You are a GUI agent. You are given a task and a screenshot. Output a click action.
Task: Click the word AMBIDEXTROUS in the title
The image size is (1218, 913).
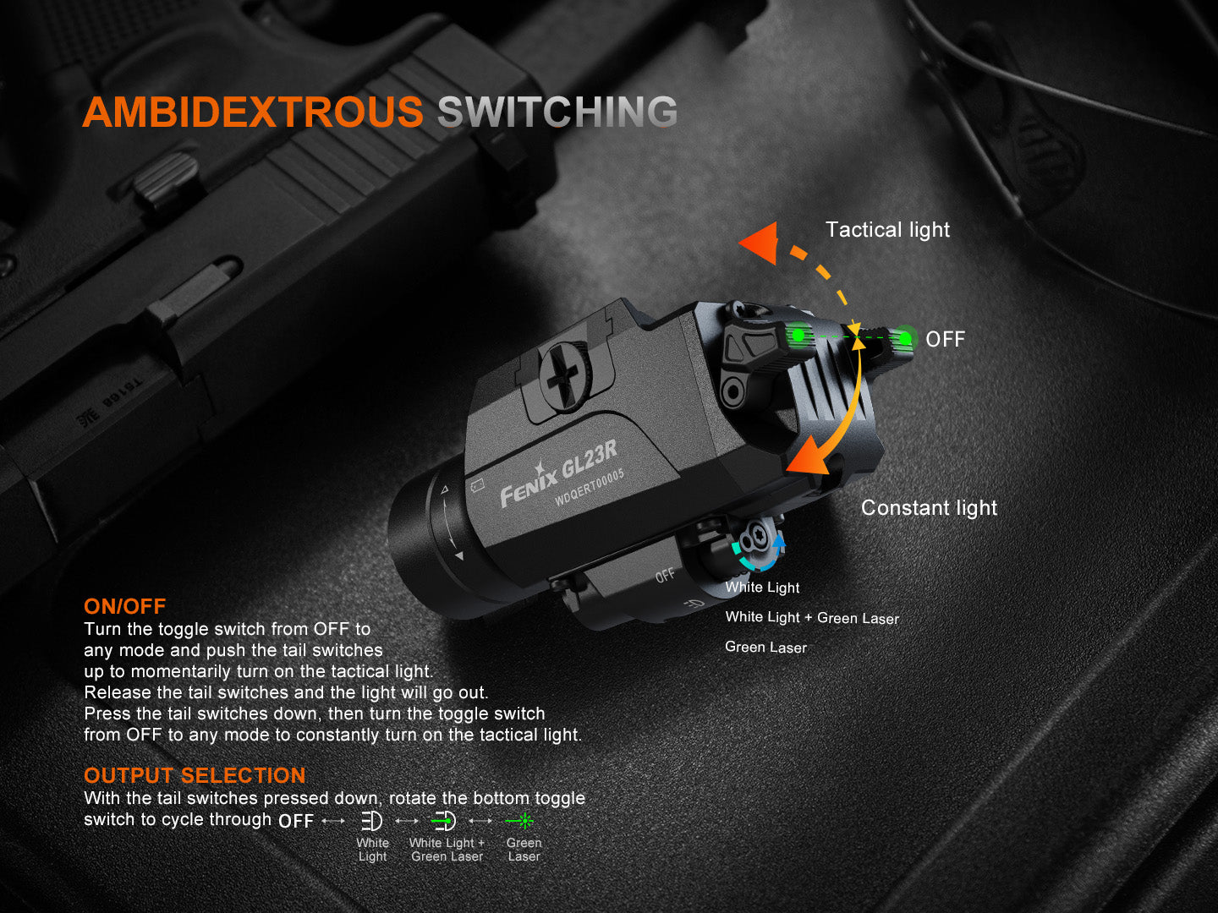253,112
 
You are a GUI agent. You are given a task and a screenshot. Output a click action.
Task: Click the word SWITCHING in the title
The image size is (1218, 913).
557,112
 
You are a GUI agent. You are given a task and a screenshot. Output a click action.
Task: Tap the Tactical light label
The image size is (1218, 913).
887,229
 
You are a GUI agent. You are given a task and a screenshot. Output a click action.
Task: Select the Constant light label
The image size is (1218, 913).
929,508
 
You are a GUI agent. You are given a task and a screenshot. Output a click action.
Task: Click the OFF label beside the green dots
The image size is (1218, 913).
946,339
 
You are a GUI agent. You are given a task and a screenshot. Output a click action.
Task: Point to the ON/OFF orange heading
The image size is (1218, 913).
125,606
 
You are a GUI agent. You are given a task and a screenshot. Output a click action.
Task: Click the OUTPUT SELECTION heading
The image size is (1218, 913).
195,775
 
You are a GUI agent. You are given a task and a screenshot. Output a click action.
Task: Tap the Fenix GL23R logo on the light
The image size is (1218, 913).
558,475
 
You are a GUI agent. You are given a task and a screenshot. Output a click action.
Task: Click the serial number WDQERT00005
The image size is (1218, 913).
590,487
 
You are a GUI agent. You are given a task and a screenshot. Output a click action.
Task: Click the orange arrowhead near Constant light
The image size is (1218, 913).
807,458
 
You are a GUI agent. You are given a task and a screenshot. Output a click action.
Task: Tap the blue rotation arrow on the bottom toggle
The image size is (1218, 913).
779,542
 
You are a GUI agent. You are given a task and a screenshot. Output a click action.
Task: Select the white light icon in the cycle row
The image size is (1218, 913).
372,821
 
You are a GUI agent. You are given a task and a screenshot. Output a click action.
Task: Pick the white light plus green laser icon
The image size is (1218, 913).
443,821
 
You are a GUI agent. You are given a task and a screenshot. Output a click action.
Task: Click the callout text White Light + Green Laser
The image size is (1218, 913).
812,617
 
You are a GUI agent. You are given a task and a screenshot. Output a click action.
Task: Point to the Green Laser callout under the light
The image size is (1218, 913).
765,647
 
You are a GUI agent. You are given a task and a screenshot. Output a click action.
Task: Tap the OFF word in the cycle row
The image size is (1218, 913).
296,821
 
